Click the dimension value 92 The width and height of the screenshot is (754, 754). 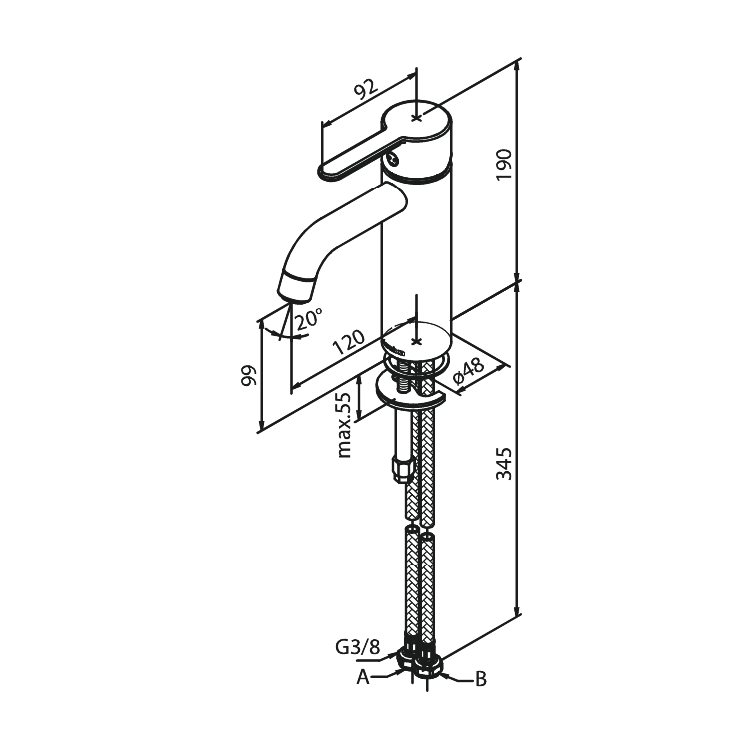click(x=366, y=88)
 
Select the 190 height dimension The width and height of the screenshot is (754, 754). click(x=504, y=165)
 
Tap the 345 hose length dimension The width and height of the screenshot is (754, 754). click(x=504, y=463)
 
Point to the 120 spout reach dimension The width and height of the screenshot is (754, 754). click(x=349, y=341)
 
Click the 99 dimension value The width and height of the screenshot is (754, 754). click(x=249, y=375)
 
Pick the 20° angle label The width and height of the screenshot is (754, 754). click(x=308, y=318)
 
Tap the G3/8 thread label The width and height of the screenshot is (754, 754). click(x=357, y=647)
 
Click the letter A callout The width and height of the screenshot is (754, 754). click(x=363, y=678)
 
